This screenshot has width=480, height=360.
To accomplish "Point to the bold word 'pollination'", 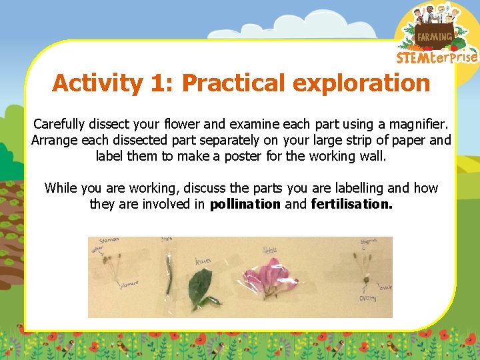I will (x=245, y=204).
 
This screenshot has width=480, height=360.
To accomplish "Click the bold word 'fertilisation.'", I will (x=352, y=204).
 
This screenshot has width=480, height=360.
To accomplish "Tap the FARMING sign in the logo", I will (x=434, y=37).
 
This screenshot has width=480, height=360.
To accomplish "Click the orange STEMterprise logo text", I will (x=437, y=57).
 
